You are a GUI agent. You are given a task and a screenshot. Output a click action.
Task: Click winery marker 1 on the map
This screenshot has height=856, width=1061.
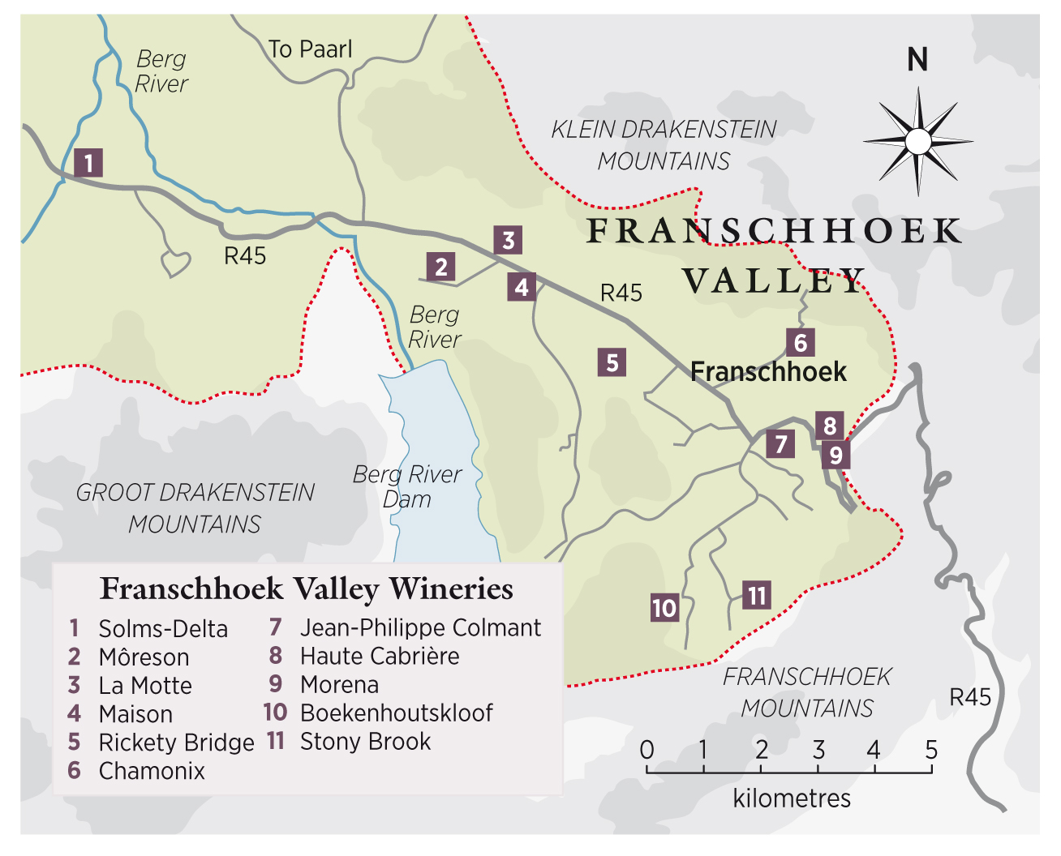pos(88,162)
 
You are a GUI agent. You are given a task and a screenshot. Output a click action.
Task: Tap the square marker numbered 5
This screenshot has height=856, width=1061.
pos(612,362)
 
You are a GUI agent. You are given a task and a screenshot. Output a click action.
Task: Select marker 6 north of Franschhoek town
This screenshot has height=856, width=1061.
pos(800,343)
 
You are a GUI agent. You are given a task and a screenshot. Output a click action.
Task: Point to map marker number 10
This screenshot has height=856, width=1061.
pos(664,607)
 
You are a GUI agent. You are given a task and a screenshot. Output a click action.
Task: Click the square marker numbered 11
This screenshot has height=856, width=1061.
pos(757,596)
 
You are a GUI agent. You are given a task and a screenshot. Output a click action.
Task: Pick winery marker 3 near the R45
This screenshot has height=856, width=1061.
pos(508,241)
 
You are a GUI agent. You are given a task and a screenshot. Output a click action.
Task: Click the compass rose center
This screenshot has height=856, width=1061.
pos(918,142)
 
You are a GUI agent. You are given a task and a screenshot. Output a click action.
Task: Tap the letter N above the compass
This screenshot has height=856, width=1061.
pos(917,60)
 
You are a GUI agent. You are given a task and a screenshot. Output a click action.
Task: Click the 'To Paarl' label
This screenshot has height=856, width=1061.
pos(311,49)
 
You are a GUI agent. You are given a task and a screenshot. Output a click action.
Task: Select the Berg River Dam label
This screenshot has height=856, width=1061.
pos(407,486)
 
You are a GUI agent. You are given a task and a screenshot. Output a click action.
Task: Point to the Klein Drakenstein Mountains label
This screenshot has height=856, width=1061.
pos(664,145)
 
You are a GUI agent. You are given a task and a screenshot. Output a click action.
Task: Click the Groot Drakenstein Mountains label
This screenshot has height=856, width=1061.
pos(195,508)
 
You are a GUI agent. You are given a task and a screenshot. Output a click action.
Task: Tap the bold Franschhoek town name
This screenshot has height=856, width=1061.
pos(768,372)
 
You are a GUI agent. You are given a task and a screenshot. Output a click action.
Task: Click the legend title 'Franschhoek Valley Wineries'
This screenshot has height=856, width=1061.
pos(307,588)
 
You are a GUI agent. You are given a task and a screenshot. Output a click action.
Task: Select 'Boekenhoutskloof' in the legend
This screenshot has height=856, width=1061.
pos(396,713)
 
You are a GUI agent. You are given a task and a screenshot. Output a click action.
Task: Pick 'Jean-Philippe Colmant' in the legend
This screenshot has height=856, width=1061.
pos(420,628)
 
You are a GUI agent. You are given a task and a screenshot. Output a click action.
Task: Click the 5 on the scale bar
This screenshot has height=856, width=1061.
pos(931,750)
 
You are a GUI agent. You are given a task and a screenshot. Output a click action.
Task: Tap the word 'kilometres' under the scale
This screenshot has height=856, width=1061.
pos(792,798)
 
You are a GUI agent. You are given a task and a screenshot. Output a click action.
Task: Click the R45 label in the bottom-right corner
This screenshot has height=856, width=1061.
pos(970,697)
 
